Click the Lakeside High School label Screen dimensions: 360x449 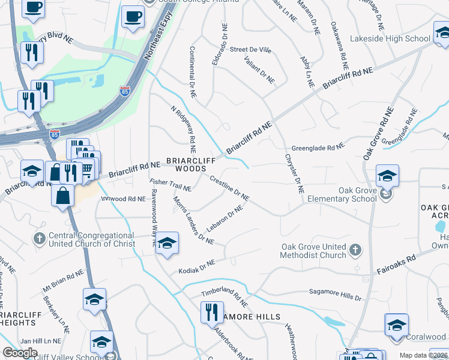pyautogui.click(x=393, y=39)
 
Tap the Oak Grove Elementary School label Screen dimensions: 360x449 pyautogui.click(x=340, y=194)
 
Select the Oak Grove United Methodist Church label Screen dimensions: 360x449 pyautogui.click(x=314, y=251)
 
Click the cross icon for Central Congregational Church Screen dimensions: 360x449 pyautogui.click(x=40, y=239)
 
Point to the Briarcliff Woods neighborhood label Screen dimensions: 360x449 pyautogui.click(x=186, y=165)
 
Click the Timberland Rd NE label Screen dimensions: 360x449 pyautogui.click(x=224, y=296)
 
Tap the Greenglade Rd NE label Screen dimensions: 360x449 pyautogui.click(x=318, y=147)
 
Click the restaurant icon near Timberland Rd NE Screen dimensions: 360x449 pyautogui.click(x=211, y=313)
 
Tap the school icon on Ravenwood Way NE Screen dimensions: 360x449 pyautogui.click(x=167, y=243)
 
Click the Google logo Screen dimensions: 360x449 pyautogui.click(x=20, y=353)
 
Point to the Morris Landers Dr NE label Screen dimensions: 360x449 pyautogui.click(x=193, y=220)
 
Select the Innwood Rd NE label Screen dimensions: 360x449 pyautogui.click(x=123, y=199)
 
